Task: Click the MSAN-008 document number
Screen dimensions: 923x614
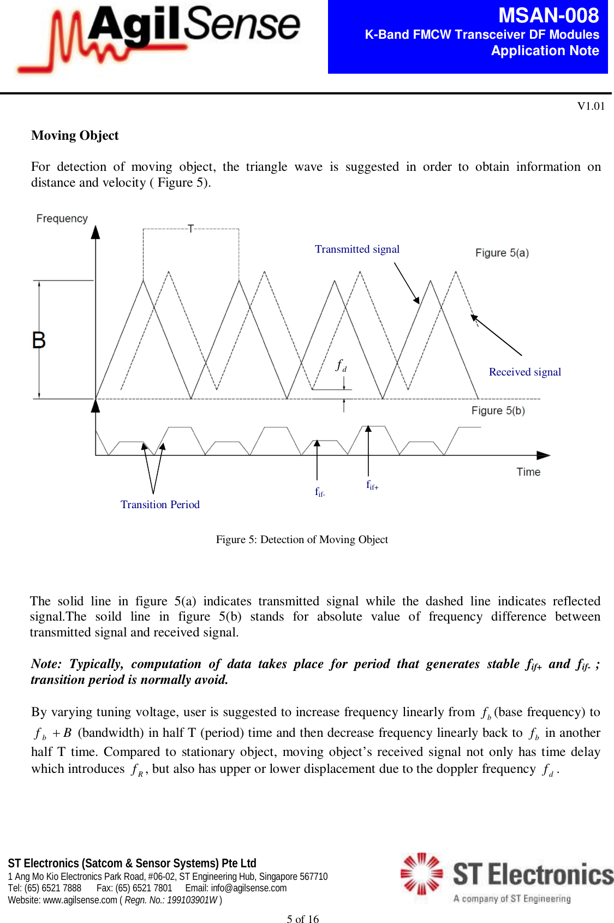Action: pyautogui.click(x=548, y=15)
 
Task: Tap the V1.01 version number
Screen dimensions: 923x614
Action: pyautogui.click(x=591, y=106)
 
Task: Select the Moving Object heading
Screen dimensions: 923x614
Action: pyautogui.click(x=75, y=135)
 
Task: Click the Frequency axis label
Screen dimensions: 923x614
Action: pyautogui.click(x=62, y=218)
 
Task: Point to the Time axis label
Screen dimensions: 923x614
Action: pyautogui.click(x=528, y=472)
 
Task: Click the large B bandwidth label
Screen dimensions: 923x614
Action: pyautogui.click(x=39, y=340)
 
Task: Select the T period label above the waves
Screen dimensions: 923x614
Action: pyautogui.click(x=190, y=228)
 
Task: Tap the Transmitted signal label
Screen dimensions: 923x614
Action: pyautogui.click(x=357, y=249)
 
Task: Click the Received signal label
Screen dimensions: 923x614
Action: pyautogui.click(x=524, y=372)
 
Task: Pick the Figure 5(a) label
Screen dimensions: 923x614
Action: pyautogui.click(x=502, y=253)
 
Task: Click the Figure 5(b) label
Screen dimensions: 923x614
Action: pyautogui.click(x=498, y=410)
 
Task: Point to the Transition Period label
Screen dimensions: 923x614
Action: pyautogui.click(x=160, y=504)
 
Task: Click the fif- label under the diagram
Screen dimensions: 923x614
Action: pyautogui.click(x=320, y=492)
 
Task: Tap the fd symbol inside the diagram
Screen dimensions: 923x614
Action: pyautogui.click(x=341, y=365)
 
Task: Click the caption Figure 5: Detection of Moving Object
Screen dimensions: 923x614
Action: pyautogui.click(x=302, y=539)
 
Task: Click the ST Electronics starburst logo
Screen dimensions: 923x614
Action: pyautogui.click(x=421, y=873)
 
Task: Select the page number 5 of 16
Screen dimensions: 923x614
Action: pyautogui.click(x=302, y=919)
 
